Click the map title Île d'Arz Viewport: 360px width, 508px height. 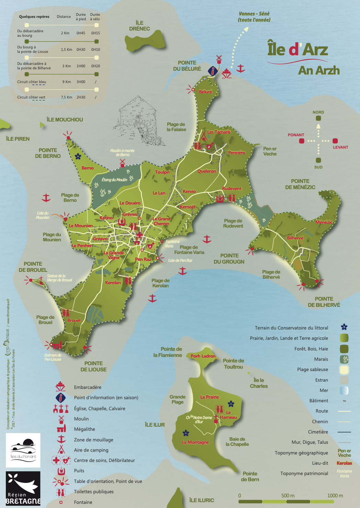(297, 49)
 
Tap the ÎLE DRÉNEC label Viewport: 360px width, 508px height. (139, 26)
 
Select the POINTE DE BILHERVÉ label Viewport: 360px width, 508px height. (324, 302)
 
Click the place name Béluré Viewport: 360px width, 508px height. (205, 92)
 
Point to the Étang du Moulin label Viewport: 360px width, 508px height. (114, 180)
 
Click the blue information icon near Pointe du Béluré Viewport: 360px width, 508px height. (213, 71)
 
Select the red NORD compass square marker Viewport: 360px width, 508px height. (318, 118)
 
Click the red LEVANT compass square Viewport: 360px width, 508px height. (335, 141)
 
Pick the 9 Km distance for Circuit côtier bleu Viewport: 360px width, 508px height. (66, 82)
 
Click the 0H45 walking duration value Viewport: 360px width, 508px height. (81, 33)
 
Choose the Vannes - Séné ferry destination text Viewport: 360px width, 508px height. (254, 16)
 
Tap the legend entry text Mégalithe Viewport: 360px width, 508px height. (85, 429)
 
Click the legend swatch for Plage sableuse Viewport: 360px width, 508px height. (344, 370)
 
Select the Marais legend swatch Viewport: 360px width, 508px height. (344, 359)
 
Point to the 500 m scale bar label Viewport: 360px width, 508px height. (288, 495)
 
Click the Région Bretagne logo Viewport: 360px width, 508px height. (23, 488)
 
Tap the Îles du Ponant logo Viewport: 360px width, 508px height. (23, 450)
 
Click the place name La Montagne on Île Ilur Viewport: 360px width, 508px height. (195, 442)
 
